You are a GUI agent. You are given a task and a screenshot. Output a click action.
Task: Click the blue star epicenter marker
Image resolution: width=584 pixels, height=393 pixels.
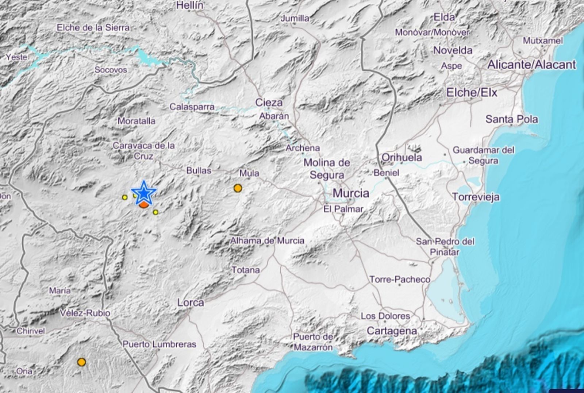click(144, 193)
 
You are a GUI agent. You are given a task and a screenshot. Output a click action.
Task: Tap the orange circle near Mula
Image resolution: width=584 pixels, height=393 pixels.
click(238, 188)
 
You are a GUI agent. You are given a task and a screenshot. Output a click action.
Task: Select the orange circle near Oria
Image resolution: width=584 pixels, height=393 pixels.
click(81, 362)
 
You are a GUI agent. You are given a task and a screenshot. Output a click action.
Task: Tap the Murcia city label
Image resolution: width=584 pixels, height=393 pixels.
click(351, 193)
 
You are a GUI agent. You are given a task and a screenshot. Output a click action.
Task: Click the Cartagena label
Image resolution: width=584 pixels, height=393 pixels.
click(392, 331)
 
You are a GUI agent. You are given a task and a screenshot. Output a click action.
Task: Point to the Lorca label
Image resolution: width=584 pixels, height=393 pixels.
click(191, 303)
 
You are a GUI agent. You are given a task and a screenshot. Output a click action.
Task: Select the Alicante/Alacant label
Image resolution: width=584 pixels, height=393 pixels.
click(531, 65)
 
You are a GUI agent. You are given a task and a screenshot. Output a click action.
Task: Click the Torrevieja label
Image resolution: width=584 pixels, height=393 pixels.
click(476, 197)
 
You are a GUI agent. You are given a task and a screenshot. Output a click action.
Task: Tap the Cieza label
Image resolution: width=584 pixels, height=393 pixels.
click(269, 103)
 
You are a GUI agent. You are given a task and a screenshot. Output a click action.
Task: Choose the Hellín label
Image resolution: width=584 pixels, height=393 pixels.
click(190, 5)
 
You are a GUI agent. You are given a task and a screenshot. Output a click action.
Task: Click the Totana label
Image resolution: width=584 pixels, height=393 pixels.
click(246, 270)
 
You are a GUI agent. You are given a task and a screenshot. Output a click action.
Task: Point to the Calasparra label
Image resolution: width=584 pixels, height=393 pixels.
click(192, 107)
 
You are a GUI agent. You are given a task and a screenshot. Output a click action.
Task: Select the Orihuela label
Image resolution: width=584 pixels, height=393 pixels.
click(401, 157)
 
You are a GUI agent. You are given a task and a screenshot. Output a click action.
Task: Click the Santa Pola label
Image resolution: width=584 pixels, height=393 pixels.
click(511, 119)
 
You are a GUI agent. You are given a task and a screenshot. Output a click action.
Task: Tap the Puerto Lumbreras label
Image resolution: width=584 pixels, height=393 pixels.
click(159, 344)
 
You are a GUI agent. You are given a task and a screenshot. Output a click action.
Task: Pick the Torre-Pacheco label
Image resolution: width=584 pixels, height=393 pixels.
click(400, 280)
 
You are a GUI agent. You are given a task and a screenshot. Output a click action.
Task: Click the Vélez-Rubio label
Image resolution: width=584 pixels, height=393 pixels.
click(85, 313)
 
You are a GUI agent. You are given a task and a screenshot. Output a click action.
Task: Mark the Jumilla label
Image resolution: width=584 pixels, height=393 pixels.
click(295, 18)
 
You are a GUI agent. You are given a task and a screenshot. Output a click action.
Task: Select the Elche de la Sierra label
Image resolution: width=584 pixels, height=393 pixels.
click(93, 27)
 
